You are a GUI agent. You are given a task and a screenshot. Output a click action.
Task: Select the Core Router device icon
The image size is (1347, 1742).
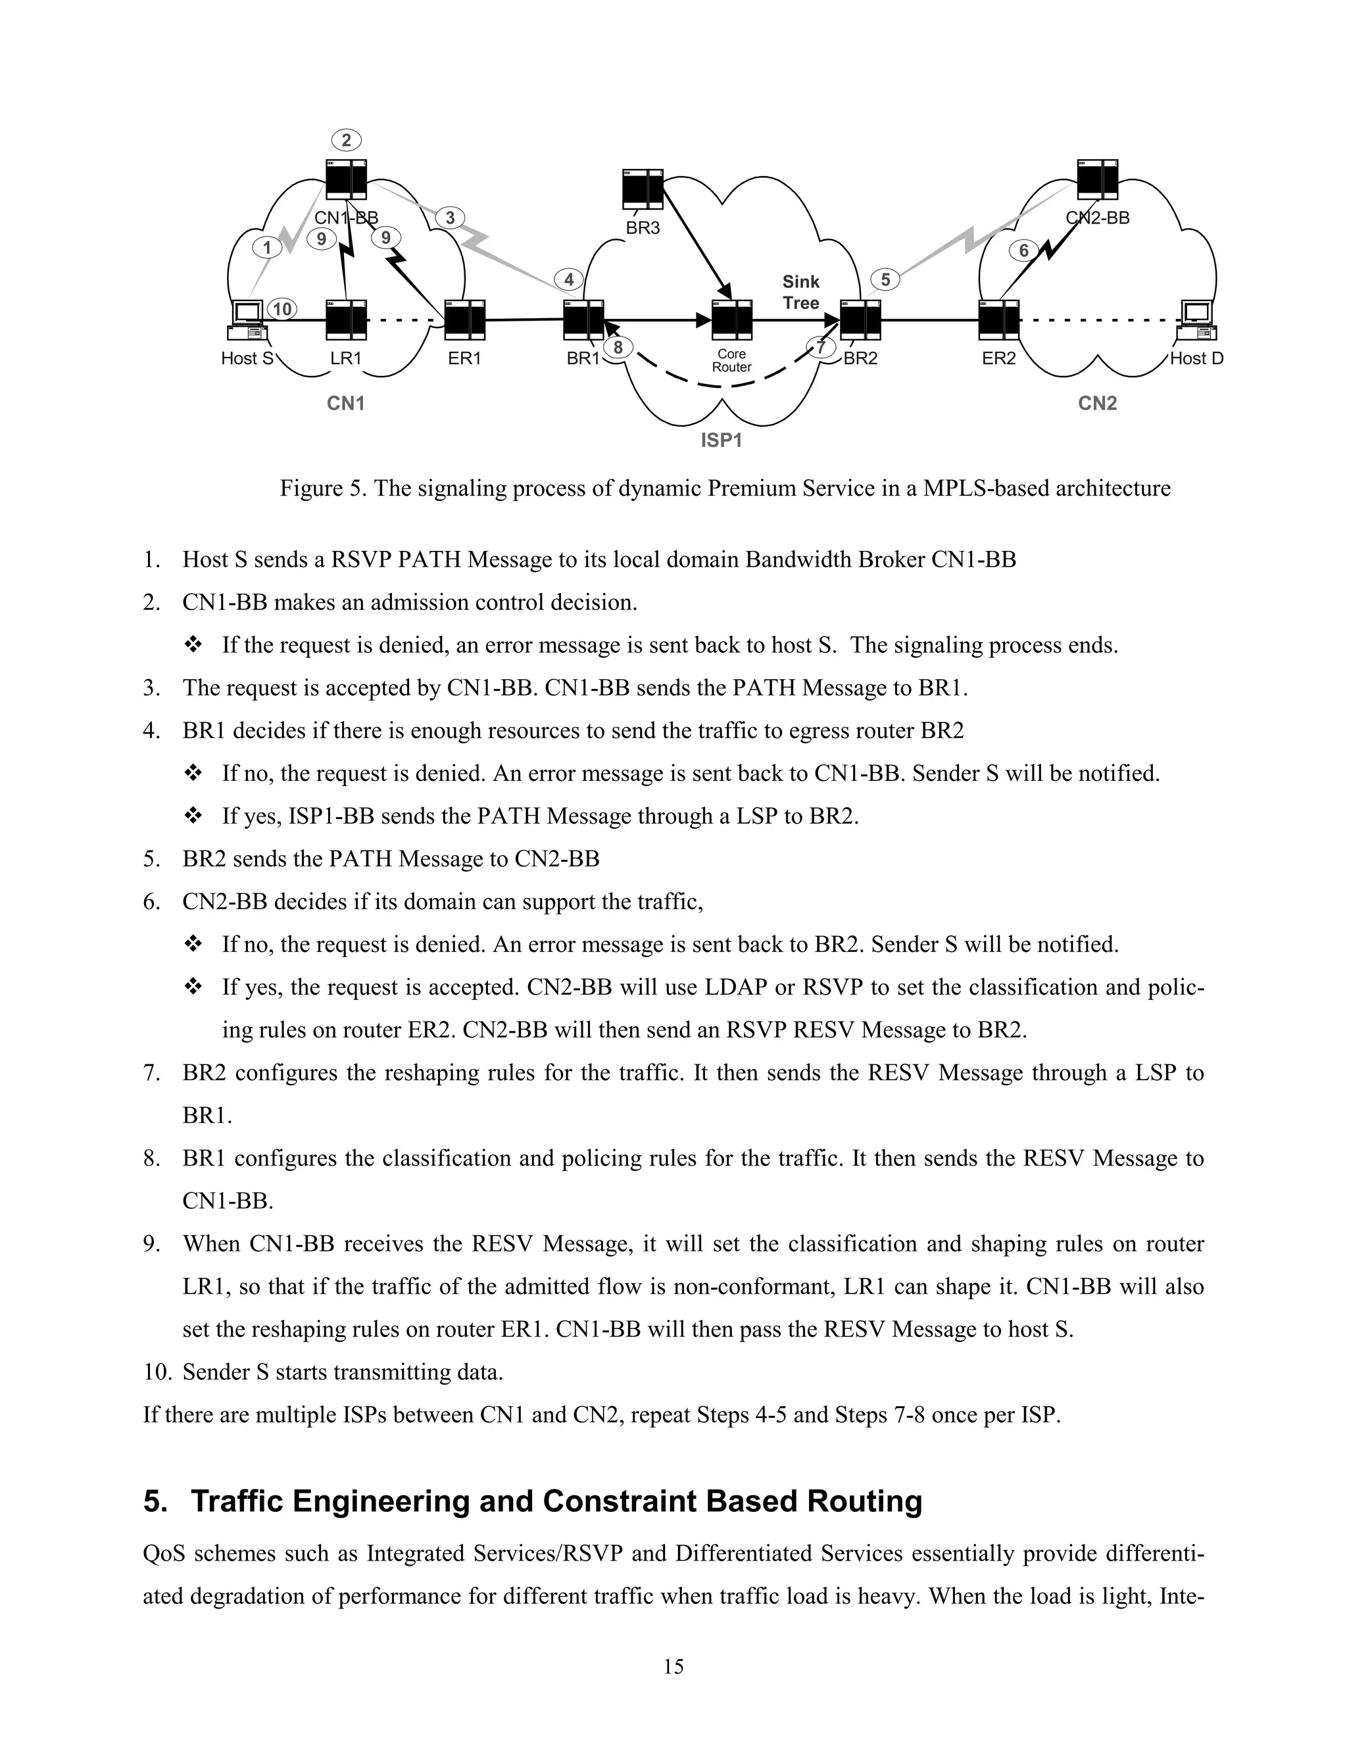click(x=732, y=320)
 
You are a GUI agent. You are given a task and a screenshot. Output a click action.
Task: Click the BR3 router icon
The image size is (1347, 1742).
click(x=643, y=189)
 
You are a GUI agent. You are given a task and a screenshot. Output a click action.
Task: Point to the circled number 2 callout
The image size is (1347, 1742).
click(x=347, y=141)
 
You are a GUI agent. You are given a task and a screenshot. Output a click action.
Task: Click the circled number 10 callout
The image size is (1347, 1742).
click(x=282, y=310)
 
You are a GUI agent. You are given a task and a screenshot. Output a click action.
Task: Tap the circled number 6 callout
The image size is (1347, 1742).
click(x=1024, y=251)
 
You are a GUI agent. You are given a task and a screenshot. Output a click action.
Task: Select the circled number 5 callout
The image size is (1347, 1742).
click(x=885, y=280)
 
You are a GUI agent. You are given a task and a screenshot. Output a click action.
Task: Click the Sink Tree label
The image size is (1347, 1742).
click(x=800, y=293)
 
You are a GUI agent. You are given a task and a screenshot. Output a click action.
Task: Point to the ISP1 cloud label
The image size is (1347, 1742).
click(x=722, y=440)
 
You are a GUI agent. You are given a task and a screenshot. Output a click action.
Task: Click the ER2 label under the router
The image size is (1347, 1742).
click(x=999, y=359)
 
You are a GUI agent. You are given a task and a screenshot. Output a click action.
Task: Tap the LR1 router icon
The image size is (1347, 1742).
click(x=347, y=320)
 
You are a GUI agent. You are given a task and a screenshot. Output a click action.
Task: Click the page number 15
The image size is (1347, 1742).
click(x=673, y=1666)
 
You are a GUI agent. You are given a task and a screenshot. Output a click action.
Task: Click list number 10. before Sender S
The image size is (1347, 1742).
click(x=159, y=1372)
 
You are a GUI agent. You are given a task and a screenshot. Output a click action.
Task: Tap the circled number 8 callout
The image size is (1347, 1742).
click(x=618, y=348)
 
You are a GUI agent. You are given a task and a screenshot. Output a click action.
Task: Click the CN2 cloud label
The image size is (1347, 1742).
click(x=1097, y=404)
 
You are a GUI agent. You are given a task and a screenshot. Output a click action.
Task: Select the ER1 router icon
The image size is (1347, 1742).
click(x=465, y=320)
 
